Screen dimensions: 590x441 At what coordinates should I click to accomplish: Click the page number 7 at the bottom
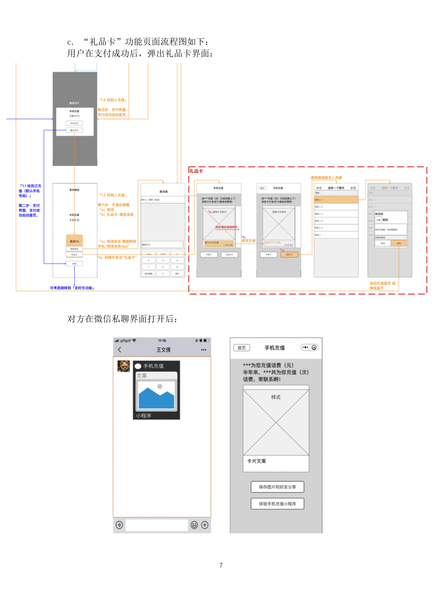(x=221, y=565)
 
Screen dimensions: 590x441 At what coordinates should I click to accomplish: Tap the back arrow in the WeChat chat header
(x=120, y=350)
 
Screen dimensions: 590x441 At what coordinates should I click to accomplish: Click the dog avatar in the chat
(x=124, y=366)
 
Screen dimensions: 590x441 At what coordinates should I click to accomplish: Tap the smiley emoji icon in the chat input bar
(x=194, y=525)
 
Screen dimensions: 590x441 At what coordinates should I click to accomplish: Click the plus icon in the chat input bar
(x=205, y=525)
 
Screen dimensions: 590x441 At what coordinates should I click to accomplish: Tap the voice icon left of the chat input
(x=119, y=525)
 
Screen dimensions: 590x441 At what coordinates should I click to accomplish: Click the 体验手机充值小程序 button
(x=277, y=504)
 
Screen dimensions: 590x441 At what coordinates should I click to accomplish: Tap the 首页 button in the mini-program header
(x=242, y=348)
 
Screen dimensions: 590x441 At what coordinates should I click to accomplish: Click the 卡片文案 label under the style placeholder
(x=257, y=461)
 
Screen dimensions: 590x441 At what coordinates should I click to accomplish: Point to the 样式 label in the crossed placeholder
(x=276, y=397)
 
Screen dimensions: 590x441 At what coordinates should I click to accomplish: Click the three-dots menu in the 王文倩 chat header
(x=204, y=350)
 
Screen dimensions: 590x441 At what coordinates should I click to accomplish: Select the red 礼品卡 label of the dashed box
(x=196, y=171)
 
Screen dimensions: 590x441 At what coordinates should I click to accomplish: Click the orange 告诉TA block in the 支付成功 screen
(x=74, y=241)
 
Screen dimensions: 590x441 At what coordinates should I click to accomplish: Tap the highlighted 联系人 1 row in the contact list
(x=336, y=199)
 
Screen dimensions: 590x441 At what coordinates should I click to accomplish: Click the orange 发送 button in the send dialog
(x=399, y=243)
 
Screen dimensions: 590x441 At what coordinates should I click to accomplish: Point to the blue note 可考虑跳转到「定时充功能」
(x=72, y=288)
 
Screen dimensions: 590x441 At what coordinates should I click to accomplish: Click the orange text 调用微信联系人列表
(x=326, y=178)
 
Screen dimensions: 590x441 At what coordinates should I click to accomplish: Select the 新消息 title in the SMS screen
(x=164, y=192)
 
